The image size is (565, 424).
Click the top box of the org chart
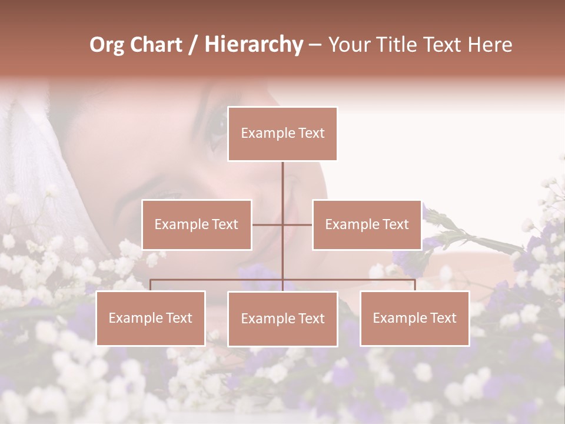pyautogui.click(x=282, y=134)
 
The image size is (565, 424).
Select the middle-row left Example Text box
pyautogui.click(x=197, y=224)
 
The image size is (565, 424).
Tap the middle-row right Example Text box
pyautogui.click(x=367, y=224)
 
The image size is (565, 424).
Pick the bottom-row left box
pyautogui.click(x=151, y=318)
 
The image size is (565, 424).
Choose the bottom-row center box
pyautogui.click(x=282, y=319)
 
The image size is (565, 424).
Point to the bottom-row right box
pyautogui.click(x=414, y=318)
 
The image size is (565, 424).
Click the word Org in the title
pyautogui.click(x=107, y=45)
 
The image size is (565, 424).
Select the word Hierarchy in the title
pyautogui.click(x=253, y=45)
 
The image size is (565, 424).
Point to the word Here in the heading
pyautogui.click(x=490, y=45)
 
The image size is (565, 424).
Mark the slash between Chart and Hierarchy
pyautogui.click(x=194, y=45)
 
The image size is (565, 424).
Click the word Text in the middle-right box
pyautogui.click(x=395, y=224)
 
